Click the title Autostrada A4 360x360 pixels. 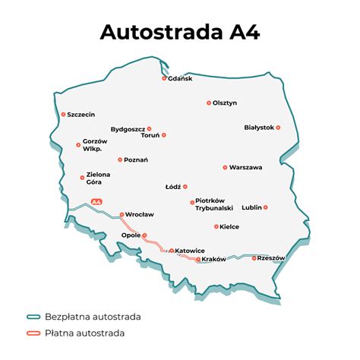coord(179,33)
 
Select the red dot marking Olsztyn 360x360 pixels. coord(209,103)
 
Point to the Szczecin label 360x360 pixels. coord(81,115)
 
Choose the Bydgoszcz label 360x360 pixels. coord(128,129)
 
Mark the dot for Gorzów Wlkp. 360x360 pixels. coord(78,144)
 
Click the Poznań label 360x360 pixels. coord(137,159)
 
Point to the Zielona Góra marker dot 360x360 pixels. coord(82,178)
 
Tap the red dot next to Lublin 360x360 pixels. coord(266,207)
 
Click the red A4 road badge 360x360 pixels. coord(96,201)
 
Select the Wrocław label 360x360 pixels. coord(140,215)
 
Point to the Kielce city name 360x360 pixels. coord(229,226)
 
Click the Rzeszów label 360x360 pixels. coord(271,258)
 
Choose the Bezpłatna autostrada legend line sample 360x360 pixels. coord(33,316)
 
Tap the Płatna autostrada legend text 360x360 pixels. coord(85,333)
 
